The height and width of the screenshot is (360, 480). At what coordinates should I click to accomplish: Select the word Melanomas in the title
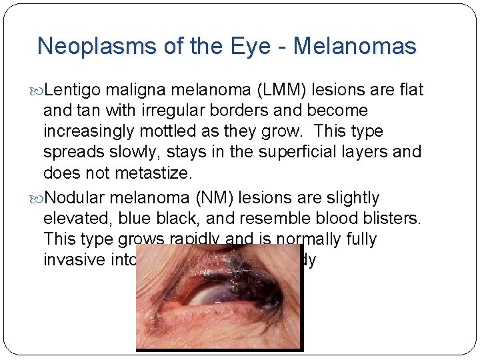[355, 46]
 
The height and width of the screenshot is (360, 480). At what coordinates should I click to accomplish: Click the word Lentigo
[71, 90]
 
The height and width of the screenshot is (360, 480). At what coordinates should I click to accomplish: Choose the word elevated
[73, 219]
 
